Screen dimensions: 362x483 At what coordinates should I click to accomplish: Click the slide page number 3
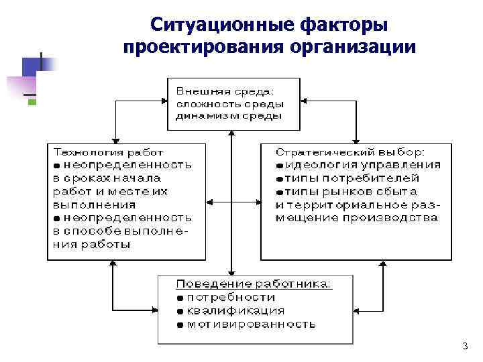click(464, 346)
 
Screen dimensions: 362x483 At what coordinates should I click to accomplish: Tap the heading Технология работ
click(108, 152)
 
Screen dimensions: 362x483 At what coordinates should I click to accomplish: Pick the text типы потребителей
click(352, 178)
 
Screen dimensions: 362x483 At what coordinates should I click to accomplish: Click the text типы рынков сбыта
click(349, 191)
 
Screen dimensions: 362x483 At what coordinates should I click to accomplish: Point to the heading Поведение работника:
click(253, 284)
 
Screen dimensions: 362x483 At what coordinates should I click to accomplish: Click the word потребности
click(231, 297)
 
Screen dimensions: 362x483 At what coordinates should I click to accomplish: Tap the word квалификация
click(235, 310)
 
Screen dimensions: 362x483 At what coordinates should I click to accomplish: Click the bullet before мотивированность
click(180, 324)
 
